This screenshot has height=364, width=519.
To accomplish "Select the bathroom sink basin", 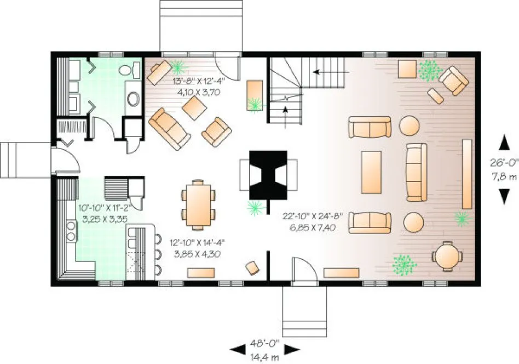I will pyautogui.click(x=133, y=99).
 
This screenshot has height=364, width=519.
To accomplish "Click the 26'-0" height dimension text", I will pyautogui.click(x=503, y=162).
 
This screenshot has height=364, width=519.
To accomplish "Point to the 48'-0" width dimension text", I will pyautogui.click(x=265, y=344).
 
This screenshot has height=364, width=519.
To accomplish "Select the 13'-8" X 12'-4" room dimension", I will pyautogui.click(x=196, y=87).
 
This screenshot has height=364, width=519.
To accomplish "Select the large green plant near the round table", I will pyautogui.click(x=405, y=264).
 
